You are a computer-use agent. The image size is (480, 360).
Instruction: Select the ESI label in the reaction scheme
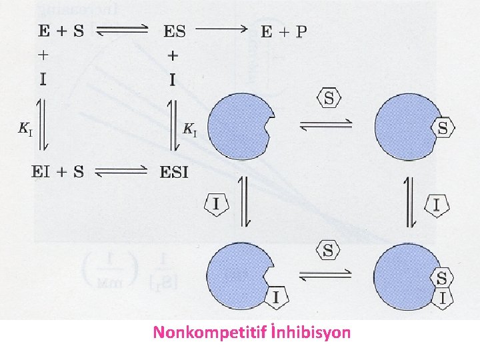point(174,173)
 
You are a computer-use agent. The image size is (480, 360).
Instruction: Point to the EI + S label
point(57,173)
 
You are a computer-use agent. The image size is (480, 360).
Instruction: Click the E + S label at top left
point(57,31)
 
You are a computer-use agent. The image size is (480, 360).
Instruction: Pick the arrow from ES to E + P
point(224,30)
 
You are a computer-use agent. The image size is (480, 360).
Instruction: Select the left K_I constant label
point(24,129)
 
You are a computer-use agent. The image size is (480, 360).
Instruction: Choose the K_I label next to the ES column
point(190,129)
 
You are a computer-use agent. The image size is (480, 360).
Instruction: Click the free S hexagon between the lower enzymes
point(328,251)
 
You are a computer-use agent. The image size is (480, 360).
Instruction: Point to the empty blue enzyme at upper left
point(239,125)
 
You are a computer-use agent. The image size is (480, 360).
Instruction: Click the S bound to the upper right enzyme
point(442,127)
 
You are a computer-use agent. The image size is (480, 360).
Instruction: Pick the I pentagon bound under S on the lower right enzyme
point(442,298)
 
